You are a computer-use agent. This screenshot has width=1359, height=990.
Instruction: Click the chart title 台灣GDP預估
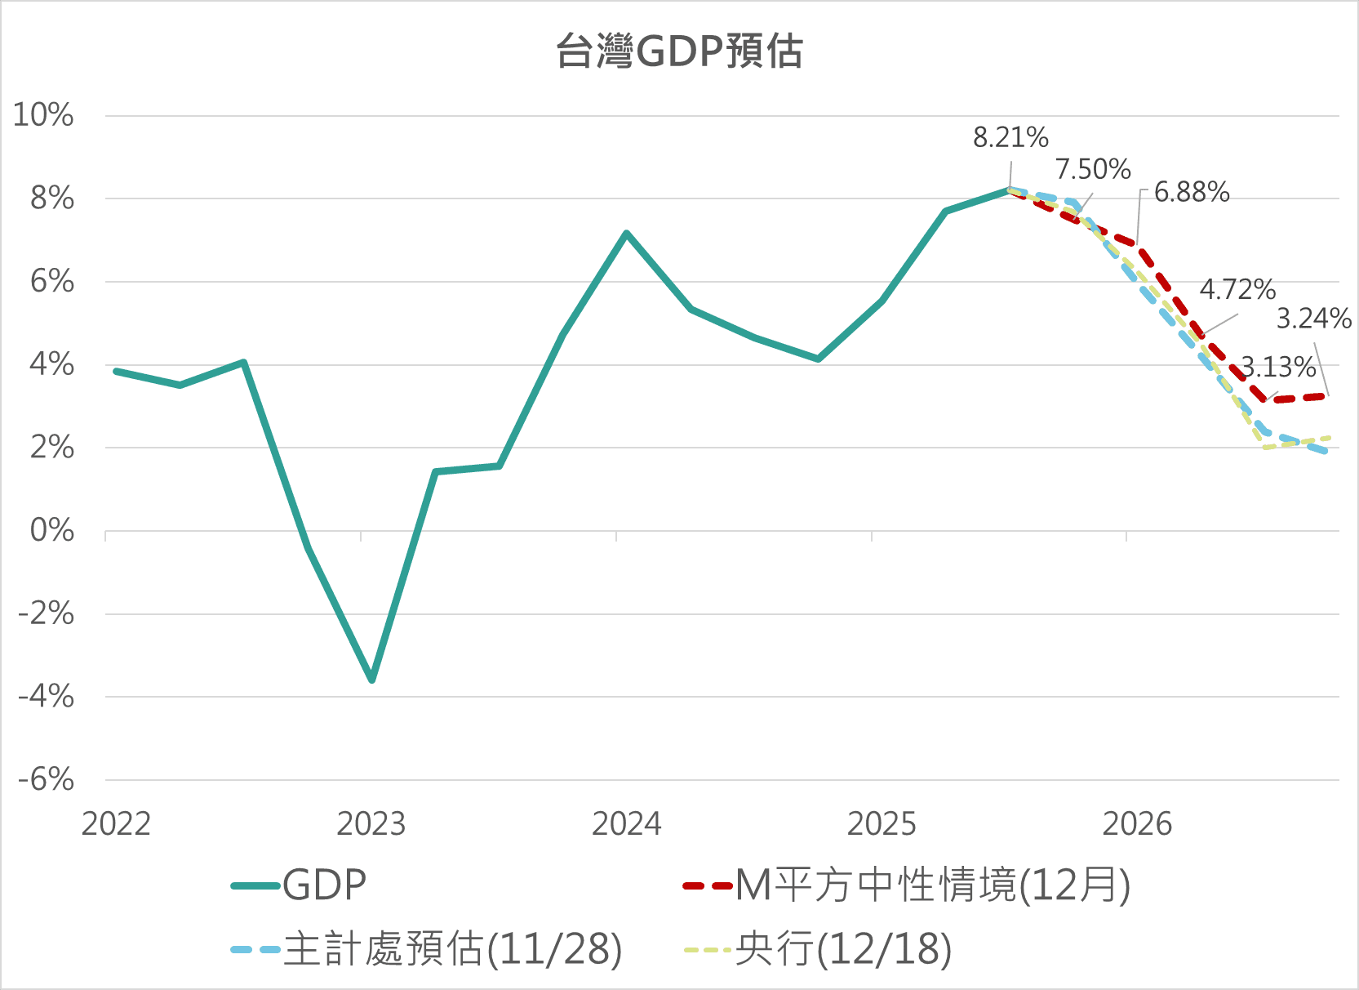(x=679, y=51)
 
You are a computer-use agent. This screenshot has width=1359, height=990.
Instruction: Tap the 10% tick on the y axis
(x=43, y=115)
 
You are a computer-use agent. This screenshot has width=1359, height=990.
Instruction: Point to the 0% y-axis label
(x=52, y=531)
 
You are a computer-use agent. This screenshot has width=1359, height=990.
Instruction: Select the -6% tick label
(x=47, y=779)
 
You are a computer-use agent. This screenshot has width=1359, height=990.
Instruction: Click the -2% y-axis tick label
(x=47, y=613)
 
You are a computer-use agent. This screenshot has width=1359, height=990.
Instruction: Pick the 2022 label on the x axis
(x=116, y=824)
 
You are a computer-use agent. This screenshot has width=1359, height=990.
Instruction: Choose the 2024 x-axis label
(x=626, y=824)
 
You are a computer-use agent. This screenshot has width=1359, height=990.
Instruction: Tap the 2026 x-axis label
(x=1136, y=824)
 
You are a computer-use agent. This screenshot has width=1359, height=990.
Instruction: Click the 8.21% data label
(x=1010, y=137)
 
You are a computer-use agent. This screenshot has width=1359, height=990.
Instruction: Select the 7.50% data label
(x=1093, y=169)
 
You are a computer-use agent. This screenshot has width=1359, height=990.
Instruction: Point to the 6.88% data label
(x=1192, y=192)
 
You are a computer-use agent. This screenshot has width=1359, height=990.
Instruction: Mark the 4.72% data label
(x=1237, y=289)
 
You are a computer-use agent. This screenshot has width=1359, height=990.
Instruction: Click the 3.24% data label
(x=1314, y=319)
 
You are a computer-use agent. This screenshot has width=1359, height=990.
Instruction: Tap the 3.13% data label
(x=1278, y=368)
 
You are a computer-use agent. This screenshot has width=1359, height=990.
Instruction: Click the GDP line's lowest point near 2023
(x=372, y=680)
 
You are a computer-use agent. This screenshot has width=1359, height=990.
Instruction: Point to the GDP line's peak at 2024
(x=626, y=234)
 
